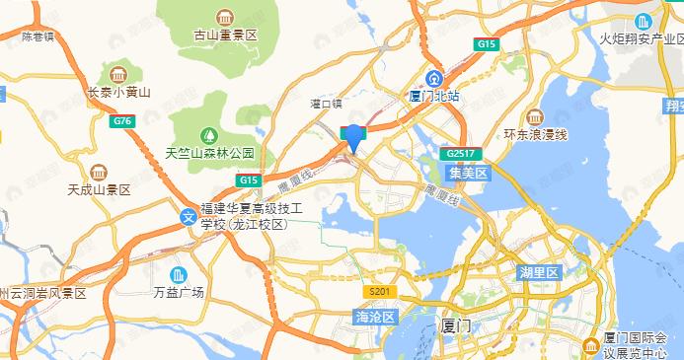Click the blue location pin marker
point(352,137)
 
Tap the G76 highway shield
point(122,121)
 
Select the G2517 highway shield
point(461,155)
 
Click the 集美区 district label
point(468,173)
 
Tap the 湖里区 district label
point(539,271)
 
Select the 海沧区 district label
point(374,317)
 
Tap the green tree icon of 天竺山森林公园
point(208,134)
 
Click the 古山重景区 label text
point(225,35)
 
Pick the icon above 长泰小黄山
point(118,75)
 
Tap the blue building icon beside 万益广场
point(178,273)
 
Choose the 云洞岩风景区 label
point(47,294)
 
